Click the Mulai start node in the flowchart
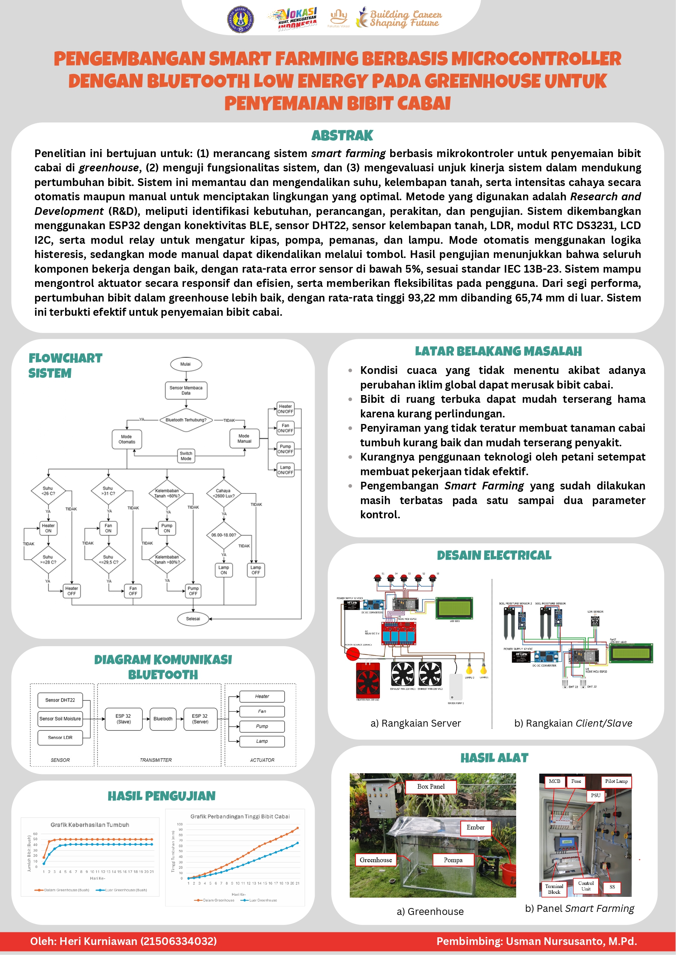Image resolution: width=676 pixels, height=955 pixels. pos(186,364)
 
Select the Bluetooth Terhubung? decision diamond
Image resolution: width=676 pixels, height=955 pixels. pos(186,420)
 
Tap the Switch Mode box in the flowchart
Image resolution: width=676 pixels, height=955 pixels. pos(186,456)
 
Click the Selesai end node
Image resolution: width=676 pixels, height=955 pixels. pos(193,619)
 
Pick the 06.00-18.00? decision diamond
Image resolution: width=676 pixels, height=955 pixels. pos(223,535)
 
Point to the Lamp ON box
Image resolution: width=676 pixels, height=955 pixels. pos(223,570)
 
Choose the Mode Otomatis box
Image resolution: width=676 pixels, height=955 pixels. pos(127,439)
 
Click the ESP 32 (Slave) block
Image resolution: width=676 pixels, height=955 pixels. pos(123,719)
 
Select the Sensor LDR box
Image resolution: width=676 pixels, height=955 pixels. pos(60,737)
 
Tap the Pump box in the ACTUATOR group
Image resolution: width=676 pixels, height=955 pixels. pos(262,726)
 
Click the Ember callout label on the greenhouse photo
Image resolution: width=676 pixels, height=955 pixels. pos(475,828)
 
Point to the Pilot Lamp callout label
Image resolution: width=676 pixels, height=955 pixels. pos(616,781)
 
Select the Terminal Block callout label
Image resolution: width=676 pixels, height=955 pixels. pos(554,889)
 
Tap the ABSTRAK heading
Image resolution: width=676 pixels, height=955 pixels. pos(342,136)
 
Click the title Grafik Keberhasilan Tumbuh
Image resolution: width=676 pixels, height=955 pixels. pos(90,825)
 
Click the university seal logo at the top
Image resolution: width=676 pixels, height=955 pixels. pos(241,19)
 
